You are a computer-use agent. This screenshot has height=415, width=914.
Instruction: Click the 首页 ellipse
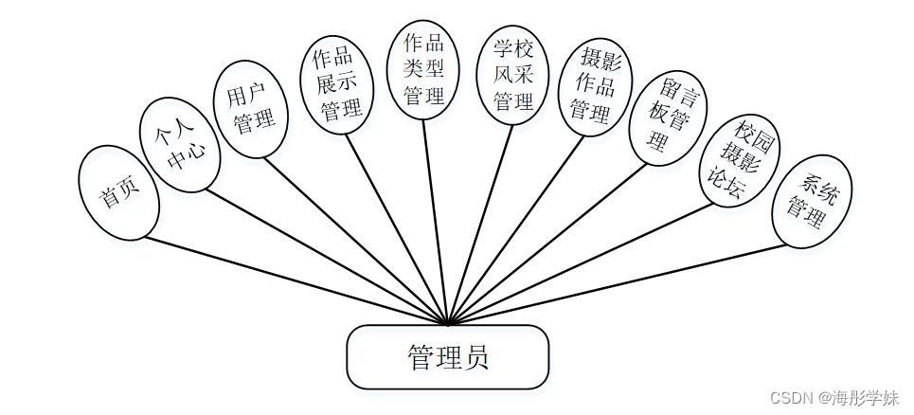(120, 192)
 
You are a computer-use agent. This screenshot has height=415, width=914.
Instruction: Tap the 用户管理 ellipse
(248, 109)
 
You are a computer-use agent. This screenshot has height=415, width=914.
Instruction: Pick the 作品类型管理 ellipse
(423, 71)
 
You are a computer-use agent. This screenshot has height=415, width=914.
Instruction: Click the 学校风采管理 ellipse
(512, 74)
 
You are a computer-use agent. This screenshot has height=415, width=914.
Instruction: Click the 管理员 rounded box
(447, 357)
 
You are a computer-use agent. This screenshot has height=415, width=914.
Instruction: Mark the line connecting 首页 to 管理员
(294, 280)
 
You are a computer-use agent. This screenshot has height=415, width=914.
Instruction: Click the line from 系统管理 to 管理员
(616, 284)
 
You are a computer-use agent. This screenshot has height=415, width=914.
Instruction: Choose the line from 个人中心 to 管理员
(327, 258)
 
